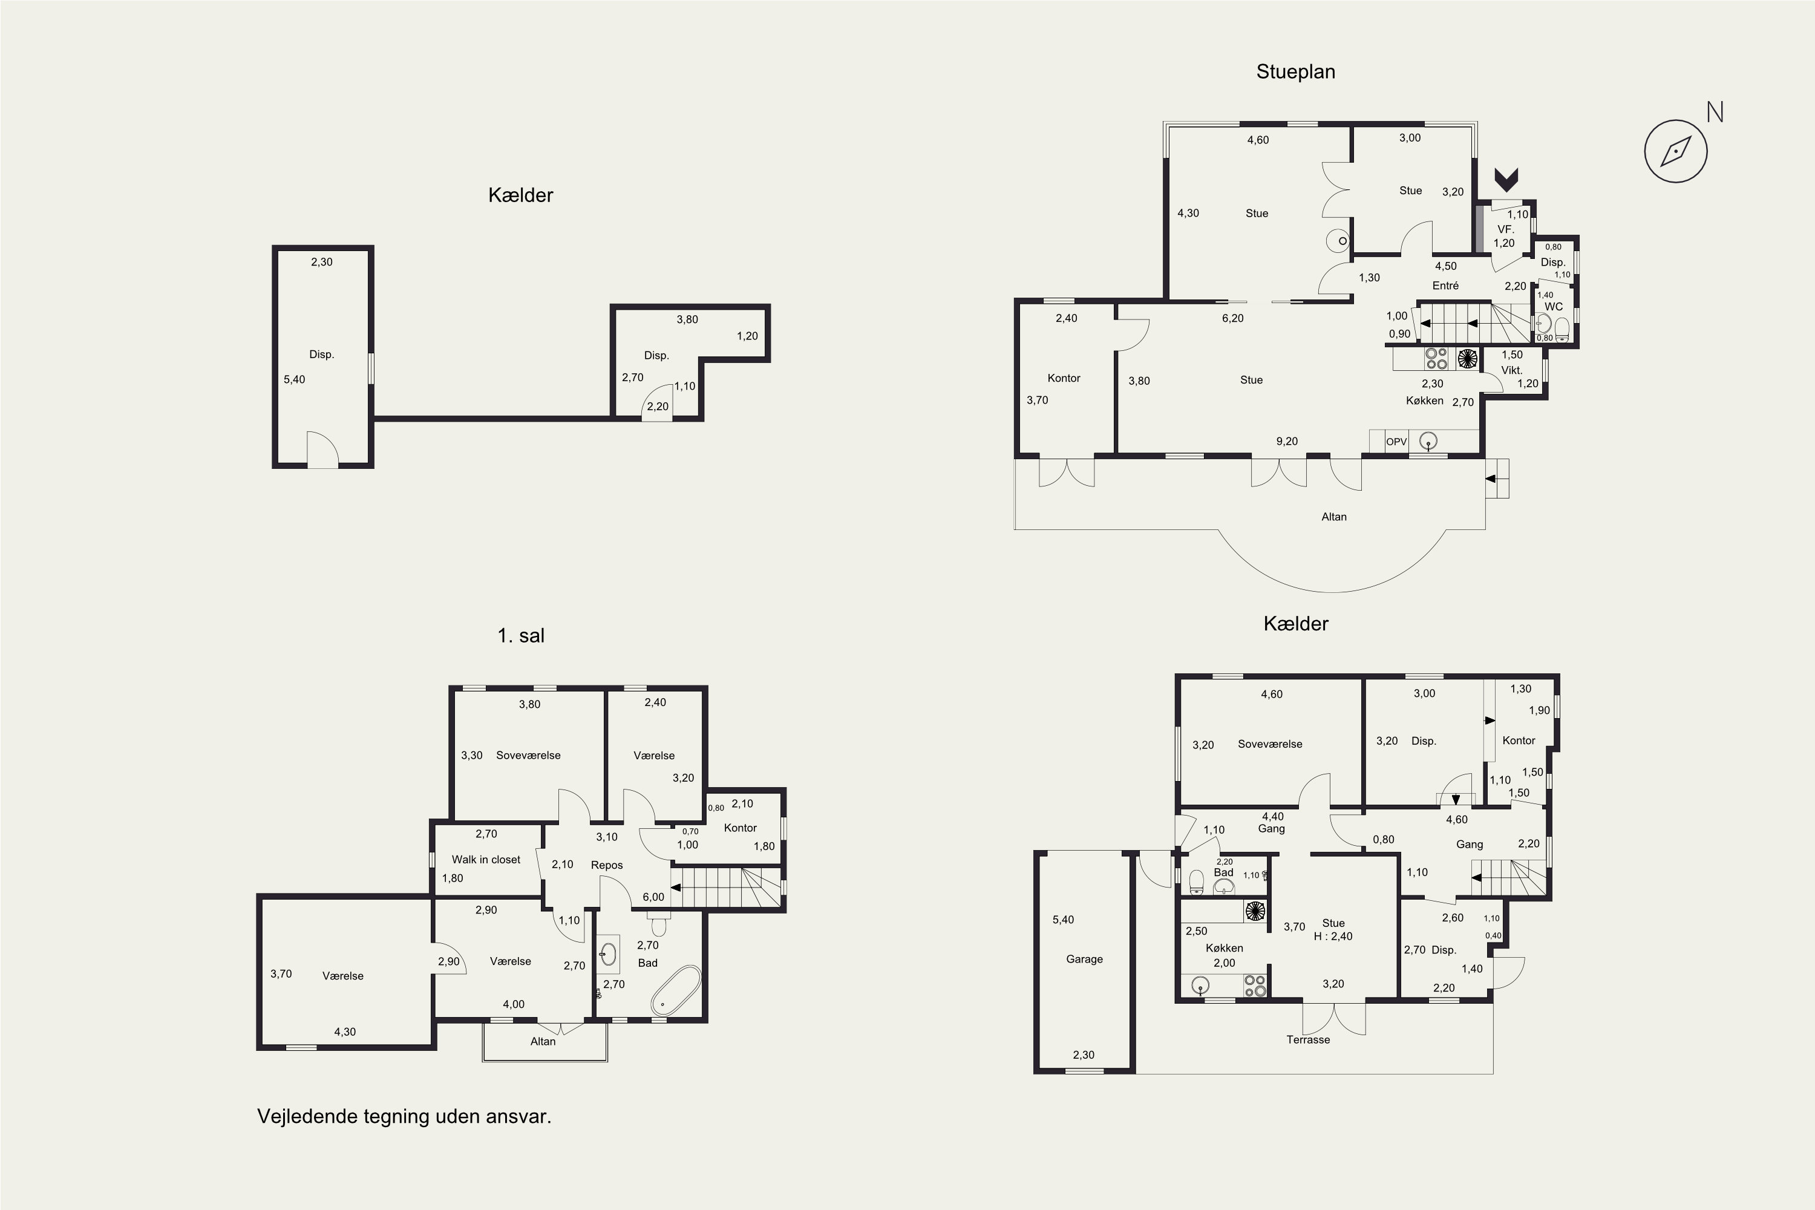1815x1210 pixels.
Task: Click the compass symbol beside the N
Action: click(1675, 151)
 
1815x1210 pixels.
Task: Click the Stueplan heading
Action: click(1296, 72)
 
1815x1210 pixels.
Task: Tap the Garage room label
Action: click(1084, 959)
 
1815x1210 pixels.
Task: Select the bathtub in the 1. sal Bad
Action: click(675, 990)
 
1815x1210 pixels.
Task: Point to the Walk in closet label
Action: click(486, 860)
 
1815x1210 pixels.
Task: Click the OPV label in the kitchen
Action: click(1396, 442)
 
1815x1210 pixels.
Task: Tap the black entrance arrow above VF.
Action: click(1506, 180)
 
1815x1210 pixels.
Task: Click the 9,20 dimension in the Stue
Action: click(1286, 442)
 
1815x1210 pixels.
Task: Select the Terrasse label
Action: click(1308, 1039)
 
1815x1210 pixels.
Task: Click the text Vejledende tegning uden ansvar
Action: click(404, 1117)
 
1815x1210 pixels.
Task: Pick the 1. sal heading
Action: click(521, 636)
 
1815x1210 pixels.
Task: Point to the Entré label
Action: click(1445, 286)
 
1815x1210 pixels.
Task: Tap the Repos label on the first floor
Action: click(607, 865)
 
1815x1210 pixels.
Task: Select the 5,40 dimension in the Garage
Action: click(1062, 920)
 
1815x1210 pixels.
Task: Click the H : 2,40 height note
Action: click(1333, 937)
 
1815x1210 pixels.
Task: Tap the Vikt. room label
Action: click(1511, 370)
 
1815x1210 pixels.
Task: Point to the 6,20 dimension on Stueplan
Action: click(1232, 318)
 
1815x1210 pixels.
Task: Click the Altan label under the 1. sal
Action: click(543, 1042)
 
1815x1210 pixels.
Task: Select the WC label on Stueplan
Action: click(1554, 306)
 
